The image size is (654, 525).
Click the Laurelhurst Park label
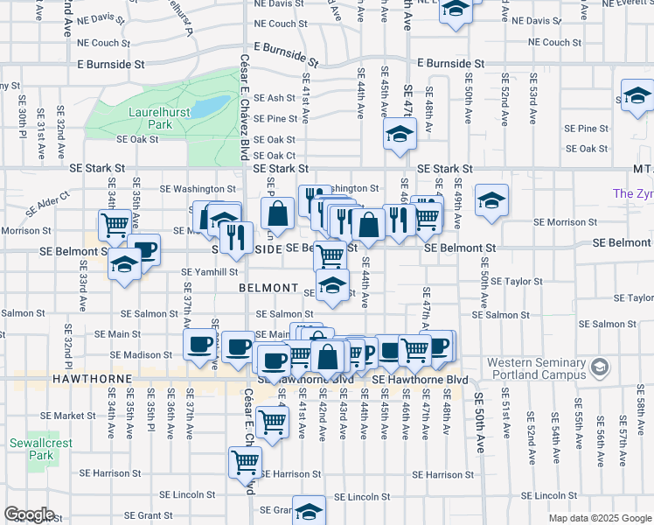[x=149, y=118]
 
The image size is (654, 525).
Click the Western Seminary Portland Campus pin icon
[x=599, y=367]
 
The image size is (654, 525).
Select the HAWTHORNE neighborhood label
[x=92, y=380]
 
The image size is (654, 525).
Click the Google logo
[x=29, y=514]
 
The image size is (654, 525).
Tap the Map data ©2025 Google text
[x=599, y=518]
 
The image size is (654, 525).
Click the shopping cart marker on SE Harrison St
[x=245, y=461]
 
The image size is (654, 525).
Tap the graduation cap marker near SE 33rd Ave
[x=125, y=264]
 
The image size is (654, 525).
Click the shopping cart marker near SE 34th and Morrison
[x=115, y=225]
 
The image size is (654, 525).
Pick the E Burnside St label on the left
[x=110, y=64]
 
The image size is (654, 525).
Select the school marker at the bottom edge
[x=309, y=510]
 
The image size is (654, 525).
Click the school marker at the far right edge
[x=637, y=95]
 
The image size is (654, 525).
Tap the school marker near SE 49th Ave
[x=491, y=200]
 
